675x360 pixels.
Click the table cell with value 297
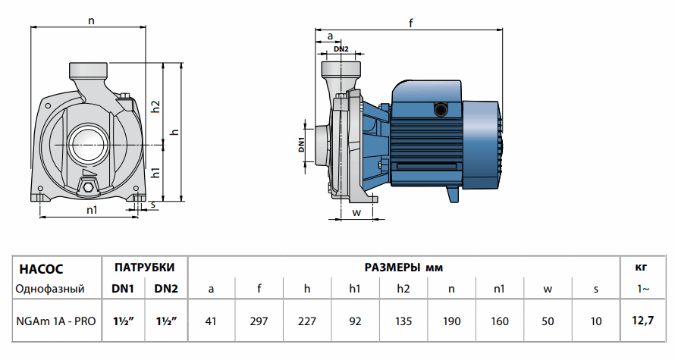(x=259, y=321)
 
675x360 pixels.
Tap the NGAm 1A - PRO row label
(x=56, y=321)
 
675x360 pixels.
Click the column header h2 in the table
(x=403, y=289)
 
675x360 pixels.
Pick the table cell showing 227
(x=307, y=321)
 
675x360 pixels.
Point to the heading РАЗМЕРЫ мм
(x=403, y=268)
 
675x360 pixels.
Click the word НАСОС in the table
(x=41, y=268)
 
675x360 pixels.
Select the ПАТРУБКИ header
(x=145, y=268)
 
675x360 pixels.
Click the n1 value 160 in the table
(x=500, y=321)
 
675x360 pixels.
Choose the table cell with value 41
(x=211, y=321)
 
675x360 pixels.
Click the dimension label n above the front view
(x=91, y=20)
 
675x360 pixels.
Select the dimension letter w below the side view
(x=356, y=211)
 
